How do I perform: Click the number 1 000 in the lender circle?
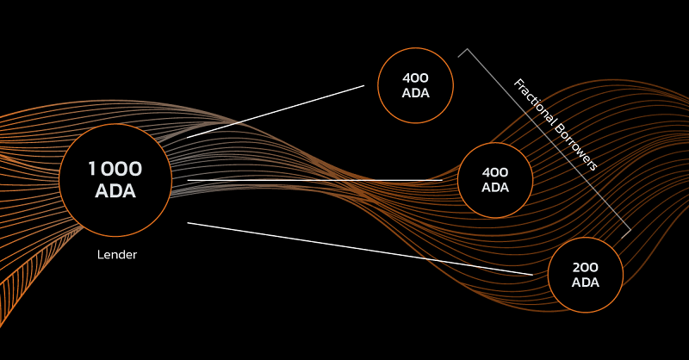click(115, 169)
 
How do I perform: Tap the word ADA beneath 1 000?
click(115, 191)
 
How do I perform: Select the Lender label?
click(117, 255)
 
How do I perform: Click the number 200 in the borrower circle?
click(586, 267)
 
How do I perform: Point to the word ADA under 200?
click(586, 282)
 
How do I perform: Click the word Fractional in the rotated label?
click(536, 103)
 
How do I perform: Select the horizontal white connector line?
click(314, 180)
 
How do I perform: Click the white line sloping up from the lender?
click(276, 112)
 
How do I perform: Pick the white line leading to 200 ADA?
click(360, 249)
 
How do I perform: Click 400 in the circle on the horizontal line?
click(494, 172)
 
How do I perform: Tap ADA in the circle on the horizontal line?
click(495, 187)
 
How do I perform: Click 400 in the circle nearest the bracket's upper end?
click(415, 78)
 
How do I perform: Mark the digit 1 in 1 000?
click(92, 169)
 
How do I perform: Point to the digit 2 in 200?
click(576, 267)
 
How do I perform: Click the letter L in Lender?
click(100, 255)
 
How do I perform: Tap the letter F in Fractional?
click(518, 84)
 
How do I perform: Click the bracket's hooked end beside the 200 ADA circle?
click(626, 234)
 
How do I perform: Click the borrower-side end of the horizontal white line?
click(442, 180)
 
